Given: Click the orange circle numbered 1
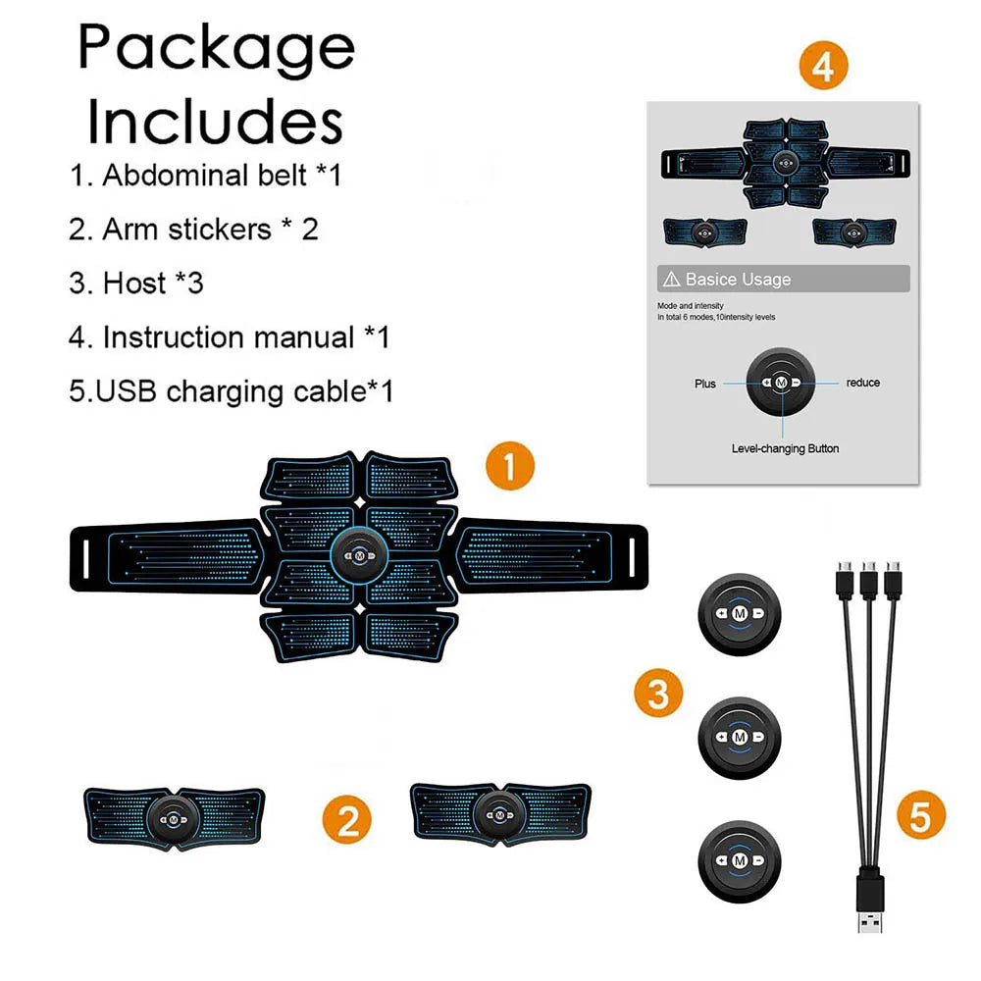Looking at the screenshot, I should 510,465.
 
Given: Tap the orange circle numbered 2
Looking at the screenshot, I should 347,818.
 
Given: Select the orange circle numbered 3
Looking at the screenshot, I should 658,695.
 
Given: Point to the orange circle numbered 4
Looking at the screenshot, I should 822,66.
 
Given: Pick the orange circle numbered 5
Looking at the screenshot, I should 920,816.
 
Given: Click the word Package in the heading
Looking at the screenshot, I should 216,46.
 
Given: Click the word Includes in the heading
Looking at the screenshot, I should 215,122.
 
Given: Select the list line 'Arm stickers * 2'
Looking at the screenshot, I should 193,230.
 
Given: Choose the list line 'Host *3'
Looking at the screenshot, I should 136,284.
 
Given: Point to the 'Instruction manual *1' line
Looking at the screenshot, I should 230,337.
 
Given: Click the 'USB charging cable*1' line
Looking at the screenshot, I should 231,391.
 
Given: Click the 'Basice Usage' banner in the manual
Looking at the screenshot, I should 783,280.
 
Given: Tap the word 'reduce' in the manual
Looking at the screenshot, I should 863,383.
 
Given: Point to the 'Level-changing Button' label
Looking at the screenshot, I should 785,448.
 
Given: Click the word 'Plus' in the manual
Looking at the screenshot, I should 705,384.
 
